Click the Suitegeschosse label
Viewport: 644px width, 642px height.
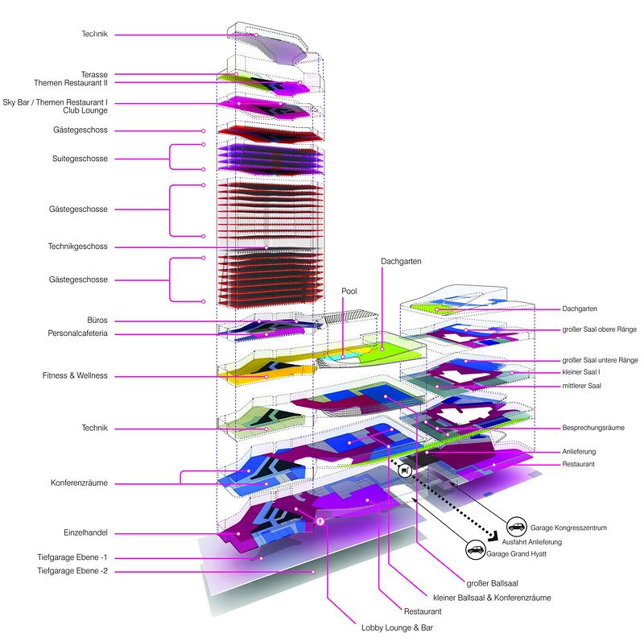coord(80,159)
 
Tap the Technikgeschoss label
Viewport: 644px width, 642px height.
coord(77,246)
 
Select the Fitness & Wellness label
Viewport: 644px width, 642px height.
coord(75,375)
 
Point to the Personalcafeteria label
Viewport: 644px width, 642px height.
coord(77,333)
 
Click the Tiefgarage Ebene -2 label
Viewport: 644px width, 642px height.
coord(72,570)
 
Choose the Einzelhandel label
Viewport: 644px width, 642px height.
coord(85,532)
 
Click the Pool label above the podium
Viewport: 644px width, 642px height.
coord(349,291)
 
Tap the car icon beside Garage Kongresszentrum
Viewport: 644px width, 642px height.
coord(517,527)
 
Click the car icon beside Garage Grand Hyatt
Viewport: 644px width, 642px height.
coord(476,549)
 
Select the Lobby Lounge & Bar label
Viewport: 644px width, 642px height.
coord(397,628)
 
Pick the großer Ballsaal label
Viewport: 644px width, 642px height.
coord(492,583)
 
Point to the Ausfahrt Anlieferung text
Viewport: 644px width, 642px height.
coord(532,542)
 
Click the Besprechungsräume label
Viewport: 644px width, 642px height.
coord(593,428)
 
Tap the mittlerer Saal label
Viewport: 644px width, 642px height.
coord(581,386)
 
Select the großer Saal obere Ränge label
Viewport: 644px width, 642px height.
coord(599,329)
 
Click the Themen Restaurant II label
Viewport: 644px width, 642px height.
coord(71,83)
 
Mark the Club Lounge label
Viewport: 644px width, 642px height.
coord(85,110)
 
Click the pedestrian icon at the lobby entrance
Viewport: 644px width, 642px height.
coord(320,521)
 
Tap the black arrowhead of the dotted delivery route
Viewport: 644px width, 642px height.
coord(493,536)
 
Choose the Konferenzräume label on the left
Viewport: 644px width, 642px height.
coord(79,483)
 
